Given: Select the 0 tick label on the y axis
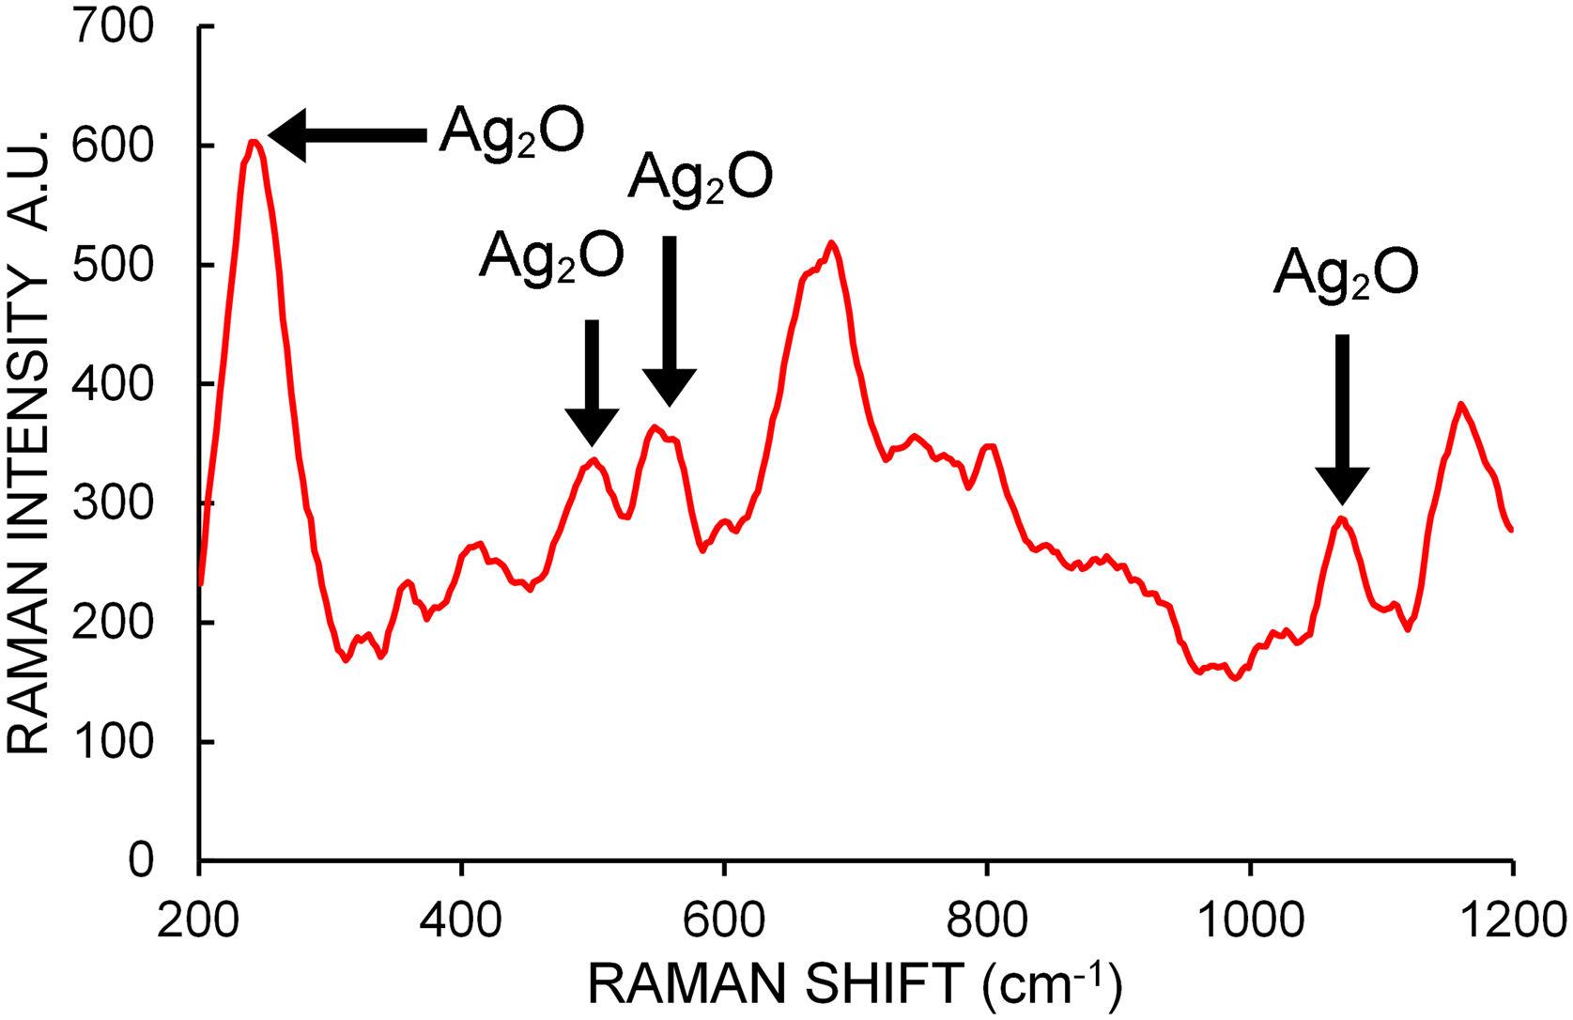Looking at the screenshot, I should (x=142, y=860).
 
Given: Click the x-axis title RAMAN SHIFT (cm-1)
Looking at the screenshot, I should (x=855, y=983).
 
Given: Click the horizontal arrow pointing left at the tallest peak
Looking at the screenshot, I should (x=347, y=136).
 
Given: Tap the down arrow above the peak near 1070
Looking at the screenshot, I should (x=1342, y=419).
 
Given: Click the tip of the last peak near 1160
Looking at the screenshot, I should (x=1461, y=404).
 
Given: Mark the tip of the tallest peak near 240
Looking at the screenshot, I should (x=253, y=142).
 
